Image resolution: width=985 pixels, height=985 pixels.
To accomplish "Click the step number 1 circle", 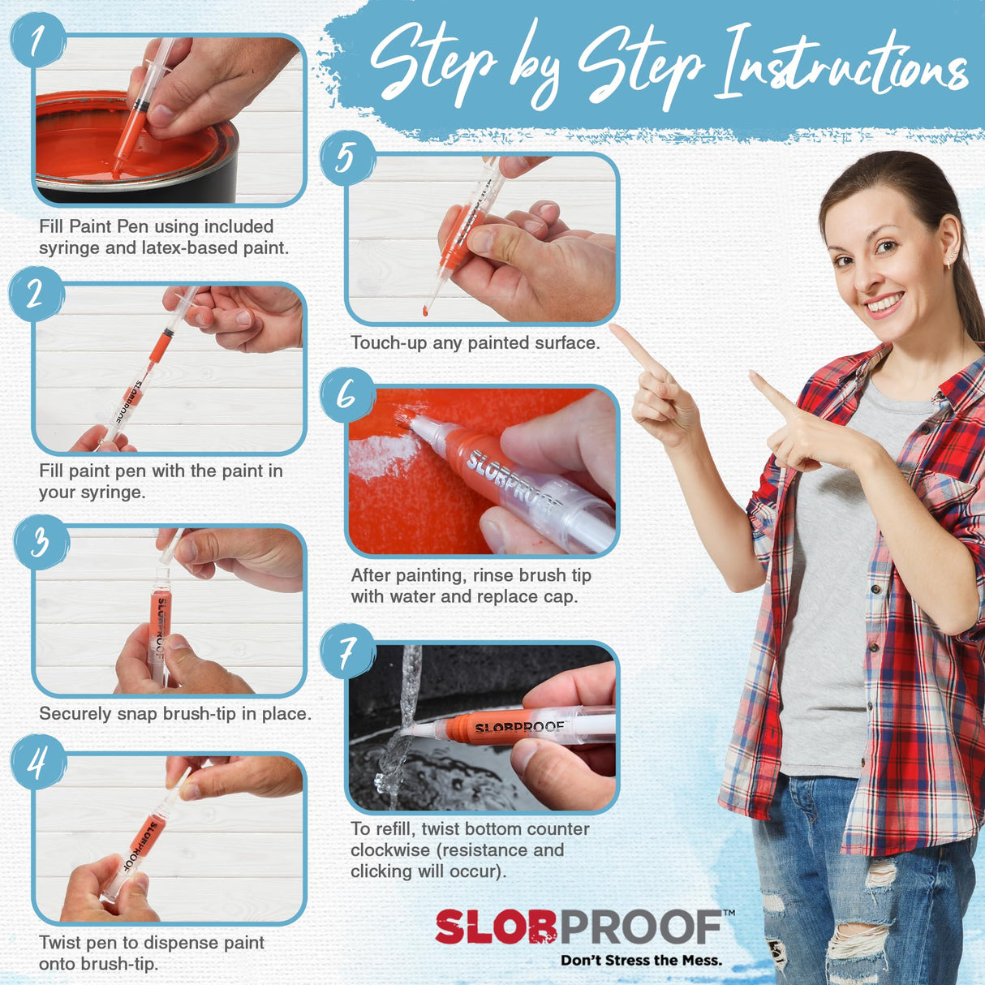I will click(x=37, y=41).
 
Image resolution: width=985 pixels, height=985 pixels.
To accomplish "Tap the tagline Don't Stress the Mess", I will click(x=641, y=961).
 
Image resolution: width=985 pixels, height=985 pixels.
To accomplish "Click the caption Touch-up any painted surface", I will click(x=475, y=343).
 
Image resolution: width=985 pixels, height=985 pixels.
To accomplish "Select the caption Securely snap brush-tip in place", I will click(x=174, y=714).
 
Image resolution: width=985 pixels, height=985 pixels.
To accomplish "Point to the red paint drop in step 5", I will click(x=425, y=310).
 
